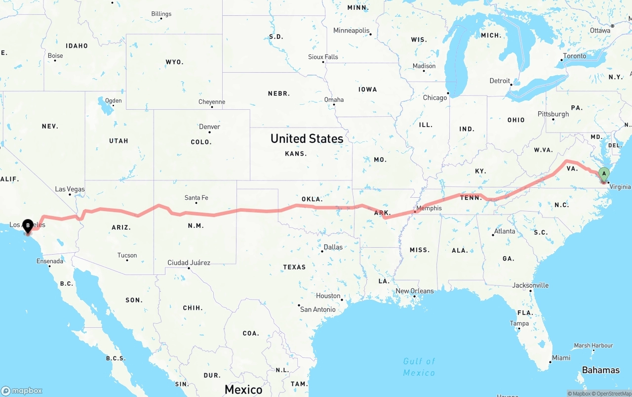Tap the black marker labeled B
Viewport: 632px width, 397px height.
(x=28, y=226)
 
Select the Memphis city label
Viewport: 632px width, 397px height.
(x=429, y=208)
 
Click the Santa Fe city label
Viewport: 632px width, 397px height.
(x=196, y=198)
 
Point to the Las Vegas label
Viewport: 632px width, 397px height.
(x=70, y=189)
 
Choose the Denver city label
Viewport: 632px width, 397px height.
(x=209, y=127)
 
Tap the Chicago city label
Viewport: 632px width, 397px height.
(x=434, y=98)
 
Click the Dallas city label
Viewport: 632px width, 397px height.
(x=333, y=247)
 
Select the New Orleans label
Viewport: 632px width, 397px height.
(x=415, y=291)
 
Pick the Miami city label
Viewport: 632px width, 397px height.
(x=561, y=357)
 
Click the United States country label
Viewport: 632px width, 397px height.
(x=307, y=139)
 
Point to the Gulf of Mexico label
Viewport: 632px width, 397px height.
(x=419, y=367)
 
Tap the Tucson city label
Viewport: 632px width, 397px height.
(x=127, y=256)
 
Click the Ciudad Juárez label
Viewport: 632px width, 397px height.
(x=189, y=263)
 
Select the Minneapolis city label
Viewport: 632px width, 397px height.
(x=351, y=31)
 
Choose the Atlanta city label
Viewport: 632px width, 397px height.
(x=505, y=231)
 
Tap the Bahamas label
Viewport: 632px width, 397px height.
(x=600, y=370)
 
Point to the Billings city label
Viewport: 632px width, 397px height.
(x=161, y=14)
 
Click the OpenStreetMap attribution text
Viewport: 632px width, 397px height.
(x=612, y=394)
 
